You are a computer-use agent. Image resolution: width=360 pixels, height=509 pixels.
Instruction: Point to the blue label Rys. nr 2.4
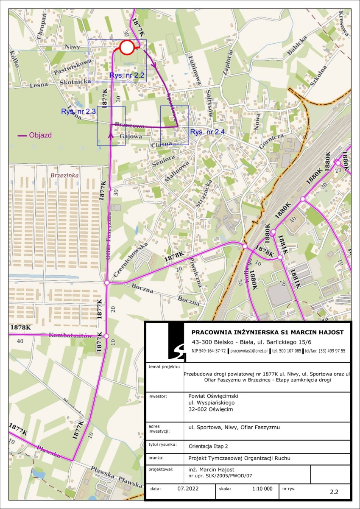click(207, 132)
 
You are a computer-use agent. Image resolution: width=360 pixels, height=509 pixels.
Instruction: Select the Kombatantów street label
click(70, 336)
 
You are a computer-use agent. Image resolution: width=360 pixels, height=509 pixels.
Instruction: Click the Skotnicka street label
click(75, 81)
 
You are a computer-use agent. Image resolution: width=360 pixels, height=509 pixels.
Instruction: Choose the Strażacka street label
click(203, 191)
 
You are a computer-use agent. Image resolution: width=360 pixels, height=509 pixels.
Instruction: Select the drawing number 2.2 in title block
click(334, 492)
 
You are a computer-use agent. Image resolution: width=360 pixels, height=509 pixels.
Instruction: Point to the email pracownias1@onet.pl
click(248, 351)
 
